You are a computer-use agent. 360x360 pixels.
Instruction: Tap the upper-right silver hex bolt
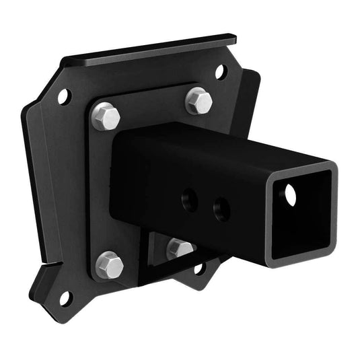coord(199,100)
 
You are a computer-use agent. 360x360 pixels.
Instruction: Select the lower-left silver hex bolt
coord(110,264)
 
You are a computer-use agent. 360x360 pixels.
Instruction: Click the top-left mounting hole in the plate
coord(64,97)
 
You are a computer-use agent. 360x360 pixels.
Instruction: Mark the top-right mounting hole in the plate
coord(221,72)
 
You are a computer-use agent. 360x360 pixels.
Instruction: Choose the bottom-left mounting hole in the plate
coord(65,296)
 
